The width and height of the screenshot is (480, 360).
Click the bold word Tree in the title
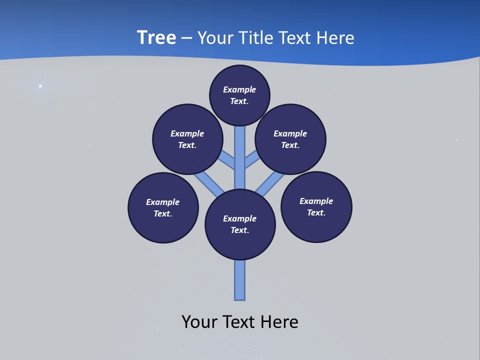pyautogui.click(x=156, y=38)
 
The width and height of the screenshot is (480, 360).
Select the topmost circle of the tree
pyautogui.click(x=239, y=95)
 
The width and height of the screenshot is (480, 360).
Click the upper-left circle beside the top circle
pyautogui.click(x=187, y=139)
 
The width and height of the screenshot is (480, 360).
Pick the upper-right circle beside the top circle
pyautogui.click(x=290, y=139)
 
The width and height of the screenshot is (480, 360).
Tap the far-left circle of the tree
pyautogui.click(x=163, y=207)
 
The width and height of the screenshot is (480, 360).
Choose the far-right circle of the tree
pyautogui.click(x=316, y=206)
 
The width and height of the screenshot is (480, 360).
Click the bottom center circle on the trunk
pyautogui.click(x=240, y=224)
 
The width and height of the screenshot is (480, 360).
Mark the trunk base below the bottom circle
pyautogui.click(x=240, y=282)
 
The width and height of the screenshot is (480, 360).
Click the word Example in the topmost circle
pyautogui.click(x=239, y=90)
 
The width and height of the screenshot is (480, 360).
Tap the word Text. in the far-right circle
pyautogui.click(x=316, y=212)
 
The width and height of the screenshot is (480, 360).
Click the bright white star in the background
pyautogui.click(x=40, y=86)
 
